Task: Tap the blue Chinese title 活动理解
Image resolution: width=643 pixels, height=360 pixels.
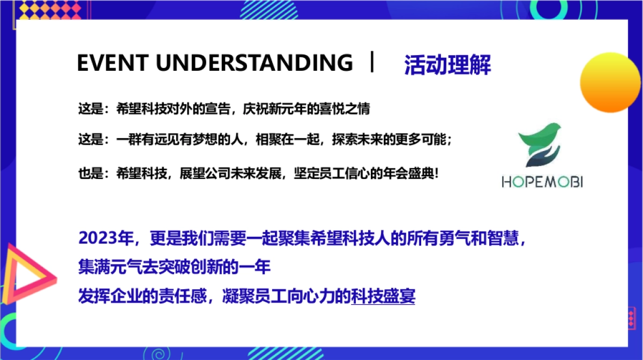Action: (x=447, y=65)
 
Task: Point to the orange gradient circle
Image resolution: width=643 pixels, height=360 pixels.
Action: (x=610, y=82)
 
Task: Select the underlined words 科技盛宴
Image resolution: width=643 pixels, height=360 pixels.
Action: (x=383, y=296)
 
